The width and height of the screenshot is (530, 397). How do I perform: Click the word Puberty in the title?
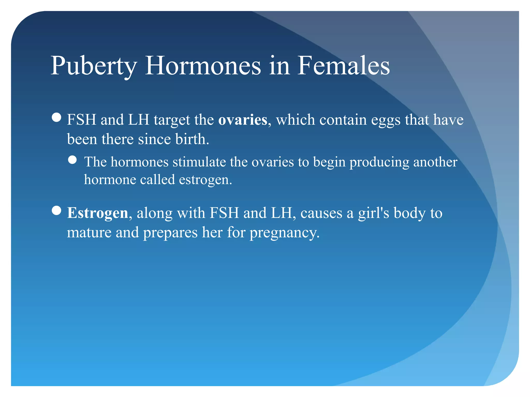point(94,66)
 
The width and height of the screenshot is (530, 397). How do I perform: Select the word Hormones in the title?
point(203,66)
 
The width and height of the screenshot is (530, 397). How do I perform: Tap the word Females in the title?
point(343,66)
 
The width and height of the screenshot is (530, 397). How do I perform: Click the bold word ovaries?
point(242,120)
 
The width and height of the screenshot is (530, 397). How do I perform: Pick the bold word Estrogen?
point(98,213)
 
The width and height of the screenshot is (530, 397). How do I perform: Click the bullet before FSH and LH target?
point(56,117)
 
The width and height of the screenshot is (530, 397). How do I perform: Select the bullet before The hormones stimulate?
point(72,160)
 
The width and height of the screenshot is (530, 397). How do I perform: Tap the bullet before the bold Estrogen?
point(56,211)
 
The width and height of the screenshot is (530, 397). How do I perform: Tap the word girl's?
point(373,213)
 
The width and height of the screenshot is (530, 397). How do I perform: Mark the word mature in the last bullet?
point(89,232)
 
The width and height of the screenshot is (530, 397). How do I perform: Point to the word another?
point(435,162)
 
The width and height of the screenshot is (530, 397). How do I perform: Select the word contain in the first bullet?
point(343,120)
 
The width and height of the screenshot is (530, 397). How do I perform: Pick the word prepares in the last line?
point(170,233)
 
